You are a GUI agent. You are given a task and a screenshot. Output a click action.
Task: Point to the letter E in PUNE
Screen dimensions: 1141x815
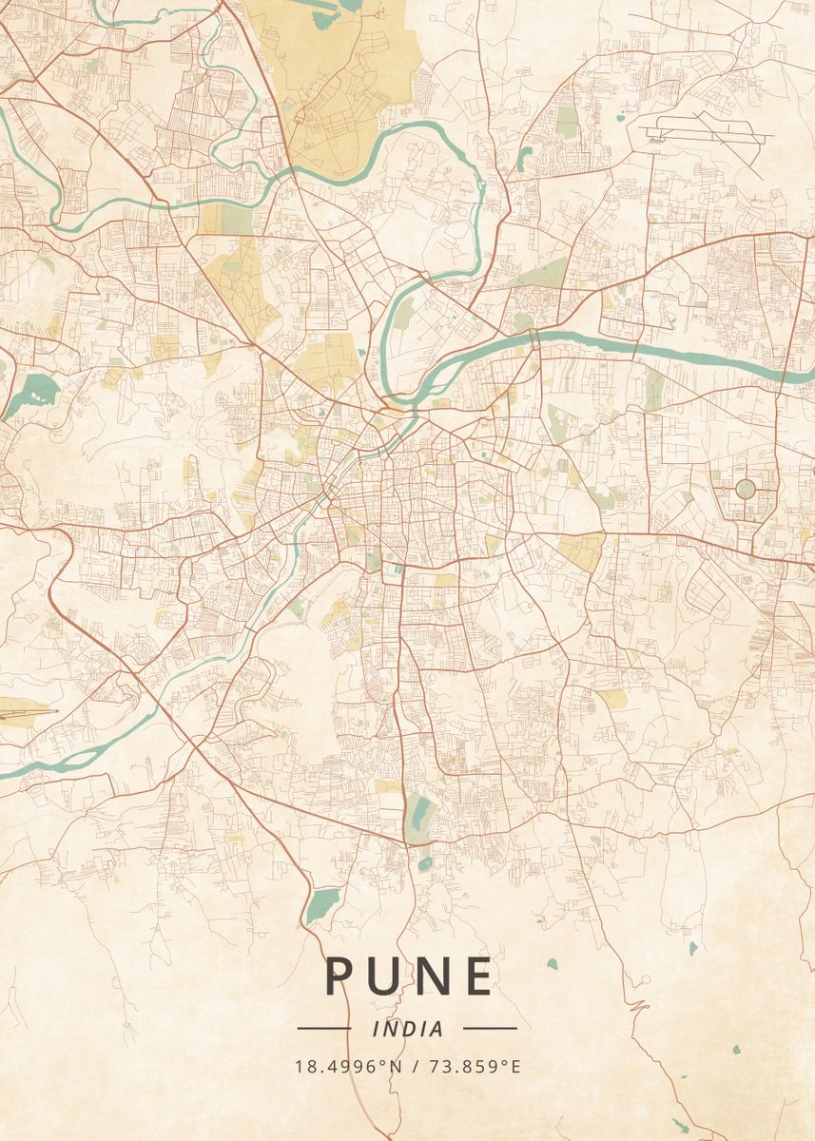coord(478,977)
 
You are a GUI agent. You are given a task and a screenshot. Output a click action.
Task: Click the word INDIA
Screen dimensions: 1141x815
coord(408,1029)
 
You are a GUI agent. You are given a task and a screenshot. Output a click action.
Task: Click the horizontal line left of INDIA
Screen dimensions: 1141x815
coord(324,1029)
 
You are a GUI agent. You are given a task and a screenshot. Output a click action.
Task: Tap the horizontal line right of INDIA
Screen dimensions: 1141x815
coord(490,1029)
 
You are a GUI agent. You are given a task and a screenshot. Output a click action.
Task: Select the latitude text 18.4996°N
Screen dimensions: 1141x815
coord(349,1067)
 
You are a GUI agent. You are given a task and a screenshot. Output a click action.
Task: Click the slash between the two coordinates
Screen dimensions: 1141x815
coord(415,1067)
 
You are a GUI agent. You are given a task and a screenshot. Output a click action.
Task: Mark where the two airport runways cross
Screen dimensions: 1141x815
coord(705,129)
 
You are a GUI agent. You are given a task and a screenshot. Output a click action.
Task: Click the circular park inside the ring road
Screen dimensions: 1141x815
coord(745,489)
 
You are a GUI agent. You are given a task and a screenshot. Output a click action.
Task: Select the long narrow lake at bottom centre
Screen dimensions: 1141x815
coord(418,818)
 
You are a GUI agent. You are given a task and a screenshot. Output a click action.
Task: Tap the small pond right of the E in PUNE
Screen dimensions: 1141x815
coord(552,963)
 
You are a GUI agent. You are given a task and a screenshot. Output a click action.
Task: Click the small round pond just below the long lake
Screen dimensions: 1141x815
coord(425,863)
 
